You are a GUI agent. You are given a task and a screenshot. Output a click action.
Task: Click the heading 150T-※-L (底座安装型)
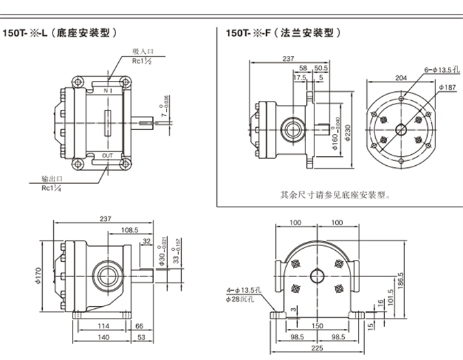click(66, 32)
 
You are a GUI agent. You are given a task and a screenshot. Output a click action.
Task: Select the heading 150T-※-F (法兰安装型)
click(284, 32)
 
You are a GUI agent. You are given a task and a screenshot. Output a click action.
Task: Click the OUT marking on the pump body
click(107, 155)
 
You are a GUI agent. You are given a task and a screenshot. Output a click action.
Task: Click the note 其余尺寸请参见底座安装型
click(335, 195)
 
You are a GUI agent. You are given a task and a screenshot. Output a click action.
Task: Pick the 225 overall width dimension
click(316, 348)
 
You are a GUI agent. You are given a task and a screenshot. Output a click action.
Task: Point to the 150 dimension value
click(316, 325)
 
